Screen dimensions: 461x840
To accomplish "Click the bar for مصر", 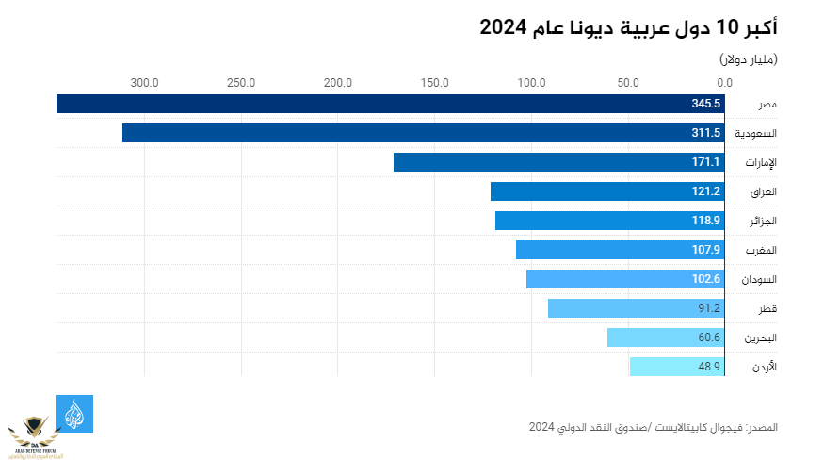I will (x=390, y=104).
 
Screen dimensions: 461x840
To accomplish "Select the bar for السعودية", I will (x=423, y=133).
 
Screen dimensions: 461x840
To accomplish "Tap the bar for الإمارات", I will (x=558, y=162).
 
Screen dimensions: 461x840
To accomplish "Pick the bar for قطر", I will (x=636, y=308).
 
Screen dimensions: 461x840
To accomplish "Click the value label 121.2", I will (x=705, y=191).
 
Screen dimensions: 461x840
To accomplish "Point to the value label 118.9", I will (x=705, y=221).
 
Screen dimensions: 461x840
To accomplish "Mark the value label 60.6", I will (x=709, y=338).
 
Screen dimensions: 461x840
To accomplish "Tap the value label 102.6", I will (x=705, y=279).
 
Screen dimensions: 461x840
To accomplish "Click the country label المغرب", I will (x=761, y=251).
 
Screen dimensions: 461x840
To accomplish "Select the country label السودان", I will (x=759, y=280).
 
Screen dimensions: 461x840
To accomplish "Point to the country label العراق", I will (x=763, y=192).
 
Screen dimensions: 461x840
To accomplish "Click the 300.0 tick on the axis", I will (x=144, y=82).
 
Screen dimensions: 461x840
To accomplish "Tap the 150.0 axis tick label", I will (x=435, y=82).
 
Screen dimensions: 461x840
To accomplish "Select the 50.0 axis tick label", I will (x=628, y=82).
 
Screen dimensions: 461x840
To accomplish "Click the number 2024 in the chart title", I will (x=509, y=27).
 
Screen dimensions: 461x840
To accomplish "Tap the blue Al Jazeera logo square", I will (x=74, y=414).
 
